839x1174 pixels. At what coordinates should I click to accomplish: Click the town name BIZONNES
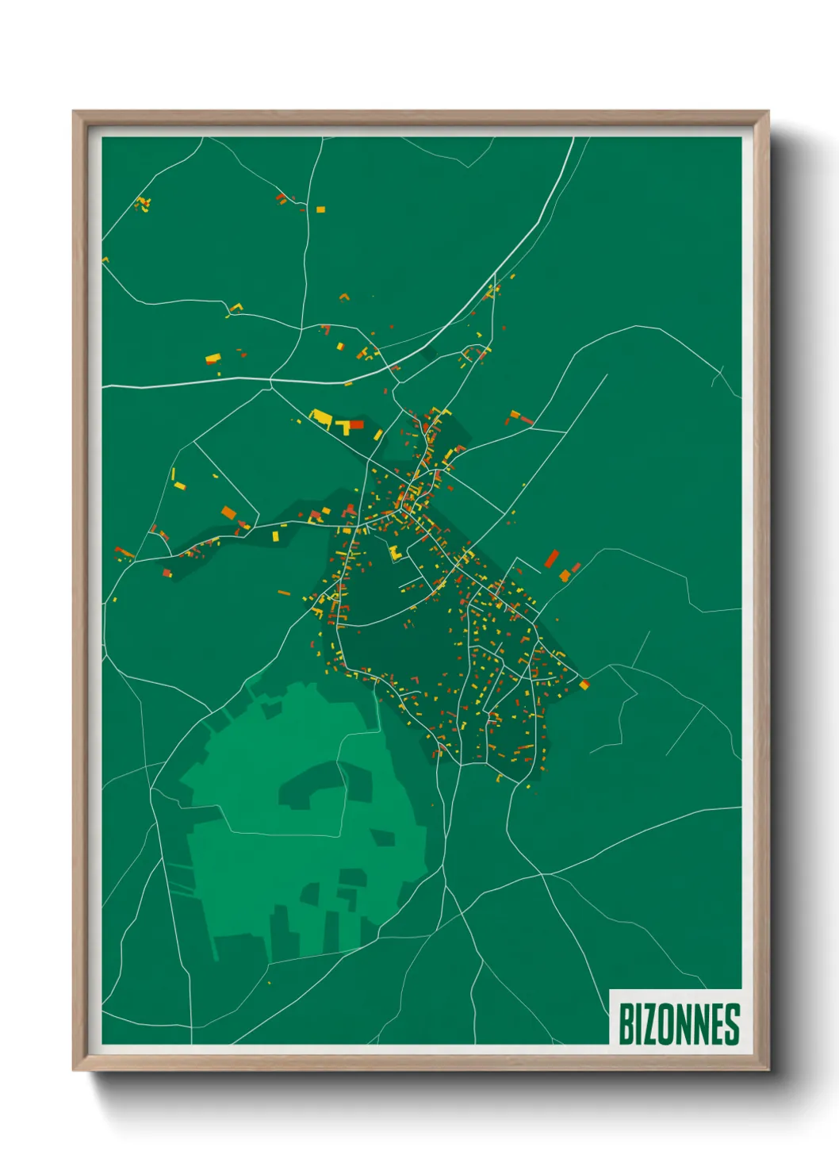[x=678, y=1024]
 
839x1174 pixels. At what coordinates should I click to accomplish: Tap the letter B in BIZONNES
[x=625, y=1024]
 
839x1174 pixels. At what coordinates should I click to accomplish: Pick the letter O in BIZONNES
[x=668, y=1024]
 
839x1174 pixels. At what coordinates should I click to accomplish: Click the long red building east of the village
[x=551, y=558]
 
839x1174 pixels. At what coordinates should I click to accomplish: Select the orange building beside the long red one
[x=565, y=575]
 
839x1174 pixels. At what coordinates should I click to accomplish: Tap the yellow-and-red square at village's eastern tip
[x=584, y=684]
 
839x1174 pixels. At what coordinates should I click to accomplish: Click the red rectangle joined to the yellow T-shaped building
[x=356, y=424]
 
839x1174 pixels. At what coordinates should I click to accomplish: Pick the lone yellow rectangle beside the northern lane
[x=320, y=209]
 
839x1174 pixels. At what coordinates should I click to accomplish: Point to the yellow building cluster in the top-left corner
[x=143, y=204]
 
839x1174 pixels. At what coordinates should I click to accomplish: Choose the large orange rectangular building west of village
[x=228, y=512]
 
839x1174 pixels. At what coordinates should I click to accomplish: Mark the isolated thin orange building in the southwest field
[x=284, y=593]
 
